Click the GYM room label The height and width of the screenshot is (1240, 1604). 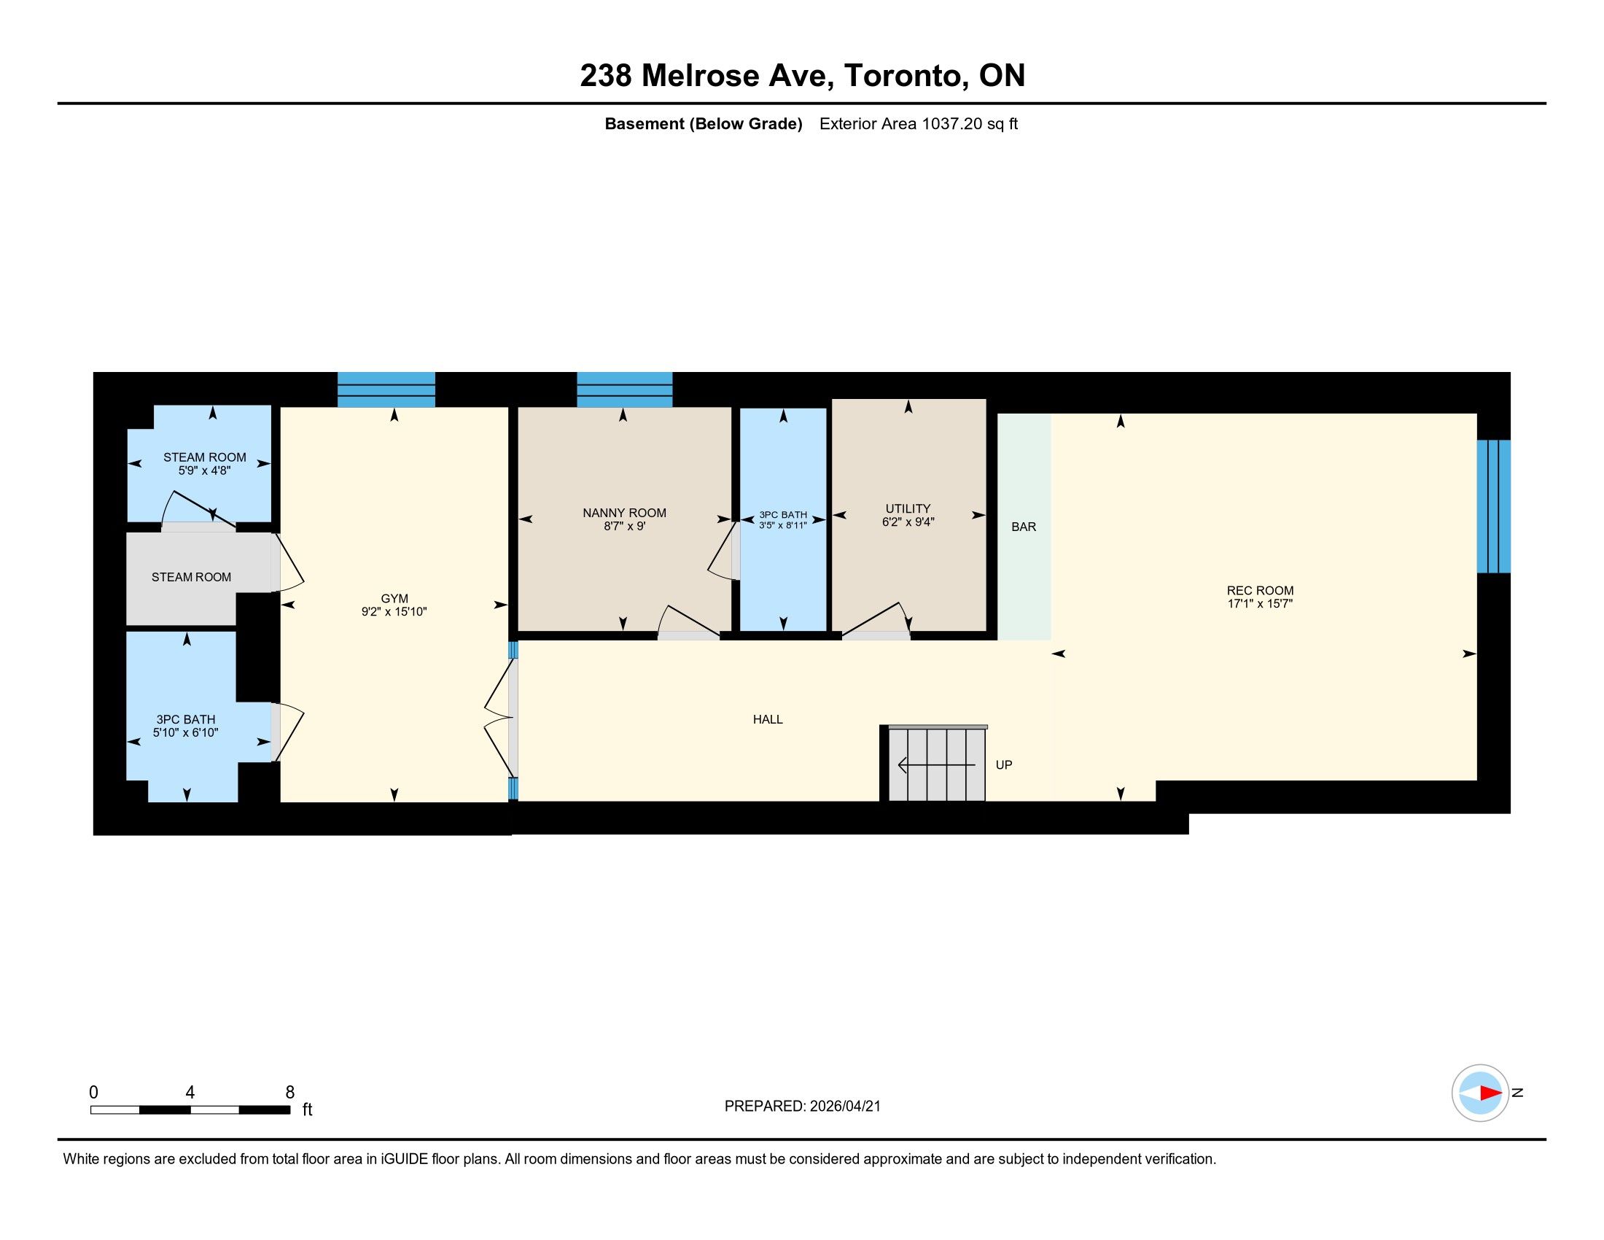(x=394, y=599)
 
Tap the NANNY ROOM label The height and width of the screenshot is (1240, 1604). (x=624, y=513)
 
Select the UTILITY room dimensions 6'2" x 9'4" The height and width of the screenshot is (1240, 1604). (x=908, y=522)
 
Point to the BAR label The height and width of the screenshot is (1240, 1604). (x=1024, y=527)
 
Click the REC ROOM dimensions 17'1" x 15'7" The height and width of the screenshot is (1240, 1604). (x=1260, y=604)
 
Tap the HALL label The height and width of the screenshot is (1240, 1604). (x=768, y=719)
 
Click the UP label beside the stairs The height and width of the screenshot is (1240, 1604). (x=1004, y=764)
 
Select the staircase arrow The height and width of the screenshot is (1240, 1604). (x=936, y=765)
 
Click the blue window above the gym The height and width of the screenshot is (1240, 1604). (x=386, y=390)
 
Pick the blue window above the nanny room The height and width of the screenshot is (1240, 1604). (x=624, y=390)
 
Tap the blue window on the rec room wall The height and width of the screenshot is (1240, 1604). (x=1494, y=506)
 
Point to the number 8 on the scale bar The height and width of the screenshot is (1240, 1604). (x=290, y=1093)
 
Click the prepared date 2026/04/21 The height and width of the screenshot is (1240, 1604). (x=845, y=1107)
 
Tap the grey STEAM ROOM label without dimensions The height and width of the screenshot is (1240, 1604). (x=191, y=578)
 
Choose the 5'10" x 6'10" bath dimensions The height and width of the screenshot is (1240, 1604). (x=186, y=732)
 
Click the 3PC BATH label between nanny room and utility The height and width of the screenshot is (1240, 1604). (x=783, y=515)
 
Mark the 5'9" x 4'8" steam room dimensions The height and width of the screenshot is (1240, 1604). (x=204, y=470)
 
